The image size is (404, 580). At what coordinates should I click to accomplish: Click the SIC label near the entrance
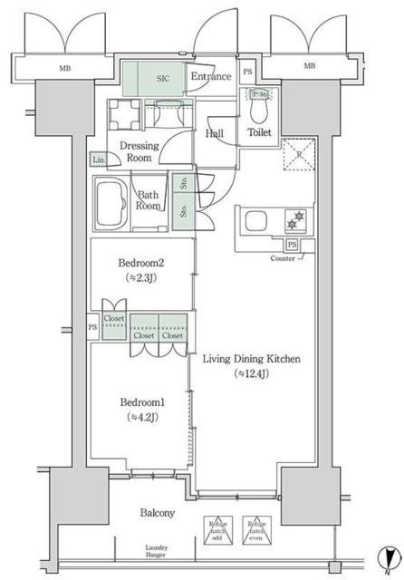click(162, 79)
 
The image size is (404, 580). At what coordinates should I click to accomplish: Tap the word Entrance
click(210, 78)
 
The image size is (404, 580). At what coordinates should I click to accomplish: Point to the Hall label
click(215, 134)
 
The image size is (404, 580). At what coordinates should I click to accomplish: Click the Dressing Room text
click(141, 150)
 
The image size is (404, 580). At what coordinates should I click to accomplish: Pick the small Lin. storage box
click(98, 160)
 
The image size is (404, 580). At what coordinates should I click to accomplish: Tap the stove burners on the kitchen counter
click(295, 220)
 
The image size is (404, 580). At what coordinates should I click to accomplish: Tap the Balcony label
click(157, 513)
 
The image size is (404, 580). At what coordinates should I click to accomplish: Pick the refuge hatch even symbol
click(255, 530)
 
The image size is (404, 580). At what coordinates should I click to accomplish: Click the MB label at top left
click(65, 66)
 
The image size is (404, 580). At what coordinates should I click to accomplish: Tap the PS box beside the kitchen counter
click(292, 245)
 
